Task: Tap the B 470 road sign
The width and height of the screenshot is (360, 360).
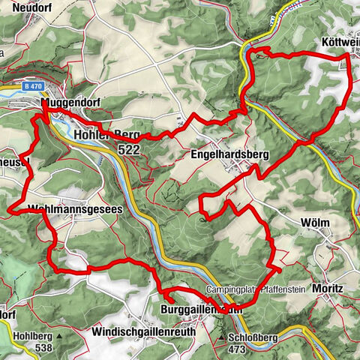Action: coord(31,87)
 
